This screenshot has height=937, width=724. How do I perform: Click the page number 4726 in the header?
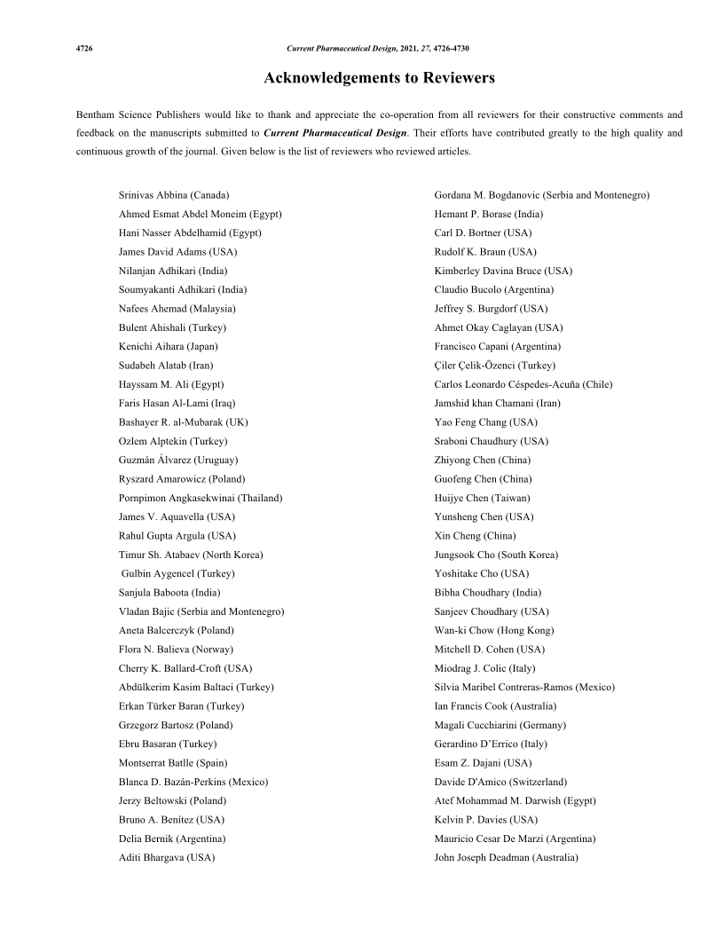(x=85, y=48)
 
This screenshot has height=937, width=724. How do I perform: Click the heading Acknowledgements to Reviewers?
(x=379, y=78)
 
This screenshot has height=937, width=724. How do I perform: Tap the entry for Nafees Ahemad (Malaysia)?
(x=177, y=309)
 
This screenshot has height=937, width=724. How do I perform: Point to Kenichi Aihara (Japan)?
(x=168, y=346)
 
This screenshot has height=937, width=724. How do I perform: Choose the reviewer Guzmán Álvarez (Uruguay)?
(x=177, y=460)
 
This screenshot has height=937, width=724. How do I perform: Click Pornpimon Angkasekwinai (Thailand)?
(x=201, y=498)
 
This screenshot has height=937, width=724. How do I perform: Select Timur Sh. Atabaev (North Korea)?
(x=191, y=555)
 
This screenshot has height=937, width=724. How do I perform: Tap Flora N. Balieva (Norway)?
(x=176, y=650)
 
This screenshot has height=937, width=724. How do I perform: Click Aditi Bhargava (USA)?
(x=167, y=858)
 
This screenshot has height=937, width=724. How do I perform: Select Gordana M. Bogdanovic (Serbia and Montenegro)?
(x=542, y=194)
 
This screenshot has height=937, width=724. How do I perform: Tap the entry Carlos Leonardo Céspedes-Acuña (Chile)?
(x=523, y=384)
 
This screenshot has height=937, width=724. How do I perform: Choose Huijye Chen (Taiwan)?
(x=482, y=498)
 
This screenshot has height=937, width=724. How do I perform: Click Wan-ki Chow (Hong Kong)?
(x=493, y=630)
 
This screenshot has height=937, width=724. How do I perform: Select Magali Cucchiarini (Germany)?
(x=500, y=725)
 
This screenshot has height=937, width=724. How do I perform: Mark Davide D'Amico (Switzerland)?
(x=500, y=782)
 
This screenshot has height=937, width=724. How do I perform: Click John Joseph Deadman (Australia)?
(x=506, y=858)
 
